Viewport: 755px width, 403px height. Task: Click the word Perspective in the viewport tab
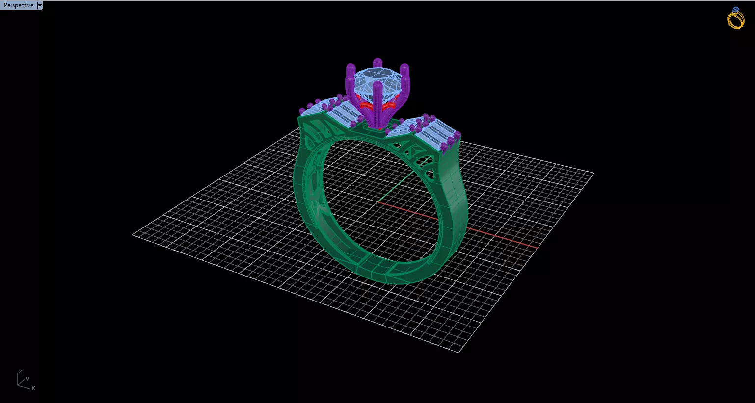point(19,5)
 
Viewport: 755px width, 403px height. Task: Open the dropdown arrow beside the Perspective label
point(40,5)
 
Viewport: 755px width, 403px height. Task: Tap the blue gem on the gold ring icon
point(735,10)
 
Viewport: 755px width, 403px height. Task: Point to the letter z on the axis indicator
point(20,372)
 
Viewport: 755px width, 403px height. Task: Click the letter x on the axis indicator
point(33,388)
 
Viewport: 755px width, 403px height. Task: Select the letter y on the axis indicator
point(27,378)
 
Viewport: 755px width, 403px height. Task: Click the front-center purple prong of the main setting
point(377,101)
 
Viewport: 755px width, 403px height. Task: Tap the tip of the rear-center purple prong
point(377,62)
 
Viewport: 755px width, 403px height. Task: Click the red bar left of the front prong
point(366,105)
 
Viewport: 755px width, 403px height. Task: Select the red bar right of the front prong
point(389,105)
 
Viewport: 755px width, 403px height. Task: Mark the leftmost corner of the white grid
point(133,234)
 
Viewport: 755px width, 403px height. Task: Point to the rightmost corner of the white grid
point(593,173)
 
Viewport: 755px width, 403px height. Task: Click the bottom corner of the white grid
point(460,352)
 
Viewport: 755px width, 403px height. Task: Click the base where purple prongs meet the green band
point(377,126)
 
